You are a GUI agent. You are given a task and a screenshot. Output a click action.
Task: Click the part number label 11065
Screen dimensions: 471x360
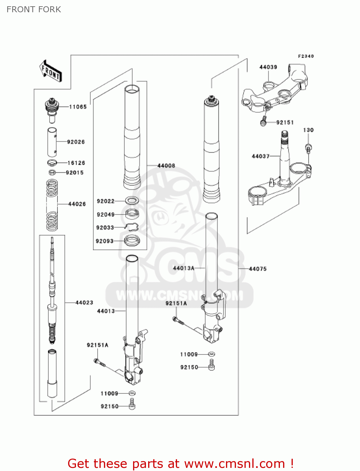[78, 107]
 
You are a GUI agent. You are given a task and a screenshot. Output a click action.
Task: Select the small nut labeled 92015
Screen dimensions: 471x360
[52, 172]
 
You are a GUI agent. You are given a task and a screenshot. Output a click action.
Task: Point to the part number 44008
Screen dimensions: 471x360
[166, 166]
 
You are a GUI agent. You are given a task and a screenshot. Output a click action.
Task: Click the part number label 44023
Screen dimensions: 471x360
[84, 303]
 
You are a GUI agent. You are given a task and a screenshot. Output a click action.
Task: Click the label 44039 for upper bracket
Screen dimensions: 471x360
[268, 67]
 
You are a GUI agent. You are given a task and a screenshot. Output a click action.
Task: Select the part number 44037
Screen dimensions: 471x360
[261, 156]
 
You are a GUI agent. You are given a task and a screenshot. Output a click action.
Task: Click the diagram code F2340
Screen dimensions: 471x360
[306, 56]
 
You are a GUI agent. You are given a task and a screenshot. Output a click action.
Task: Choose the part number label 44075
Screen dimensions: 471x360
[257, 269]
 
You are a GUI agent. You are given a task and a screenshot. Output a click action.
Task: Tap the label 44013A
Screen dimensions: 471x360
[184, 268]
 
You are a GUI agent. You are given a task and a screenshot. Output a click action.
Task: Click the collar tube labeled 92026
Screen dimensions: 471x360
[52, 142]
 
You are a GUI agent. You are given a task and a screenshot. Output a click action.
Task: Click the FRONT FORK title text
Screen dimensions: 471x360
[34, 9]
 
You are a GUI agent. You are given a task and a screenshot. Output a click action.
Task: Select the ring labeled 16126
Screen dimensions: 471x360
[52, 163]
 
